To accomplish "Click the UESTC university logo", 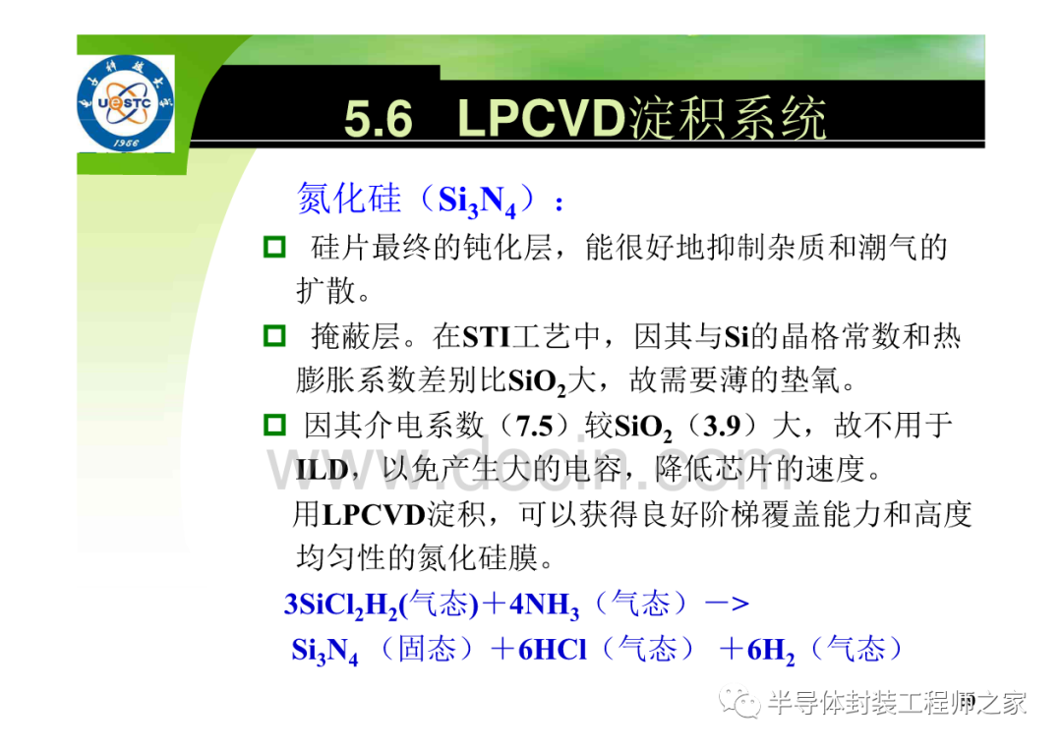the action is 125,103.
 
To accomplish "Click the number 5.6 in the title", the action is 378,119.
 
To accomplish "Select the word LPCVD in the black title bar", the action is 541,119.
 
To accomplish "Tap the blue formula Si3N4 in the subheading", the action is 477,202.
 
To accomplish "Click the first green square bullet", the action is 274,247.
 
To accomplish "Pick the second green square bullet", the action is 274,336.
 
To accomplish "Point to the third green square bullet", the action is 274,425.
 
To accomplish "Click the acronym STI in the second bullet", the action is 487,336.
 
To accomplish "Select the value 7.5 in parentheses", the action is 535,426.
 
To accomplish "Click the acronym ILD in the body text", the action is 322,469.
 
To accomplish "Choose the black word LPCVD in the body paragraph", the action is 374,515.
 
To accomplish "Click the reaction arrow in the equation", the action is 728,604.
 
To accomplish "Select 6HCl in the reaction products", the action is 552,650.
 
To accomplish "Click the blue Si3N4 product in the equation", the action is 324,652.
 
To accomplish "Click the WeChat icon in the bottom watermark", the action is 739,703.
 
